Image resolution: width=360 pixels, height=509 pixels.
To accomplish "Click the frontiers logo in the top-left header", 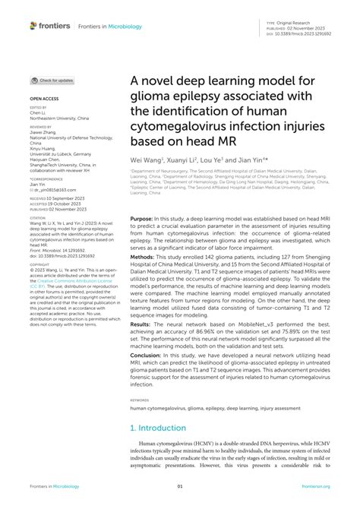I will [x=50, y=26].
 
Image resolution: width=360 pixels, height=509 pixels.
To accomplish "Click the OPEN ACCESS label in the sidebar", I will [x=44, y=100].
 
